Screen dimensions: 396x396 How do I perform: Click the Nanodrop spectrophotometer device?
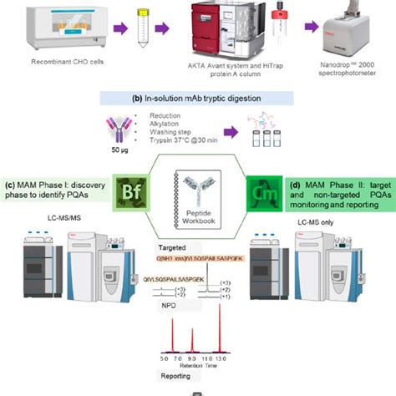pyautogui.click(x=349, y=38)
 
